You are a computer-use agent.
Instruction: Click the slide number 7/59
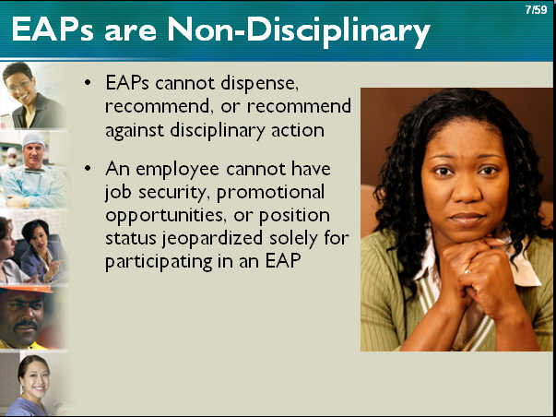(x=536, y=9)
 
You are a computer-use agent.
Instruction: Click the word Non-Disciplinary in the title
(x=299, y=30)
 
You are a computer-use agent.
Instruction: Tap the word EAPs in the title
(x=53, y=30)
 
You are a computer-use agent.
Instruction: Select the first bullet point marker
(x=88, y=83)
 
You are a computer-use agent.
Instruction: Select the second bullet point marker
(x=88, y=168)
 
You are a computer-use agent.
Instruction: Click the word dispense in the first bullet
(x=259, y=84)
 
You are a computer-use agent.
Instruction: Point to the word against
(x=136, y=131)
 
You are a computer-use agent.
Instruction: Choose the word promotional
(x=270, y=193)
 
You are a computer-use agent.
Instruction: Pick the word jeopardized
(x=213, y=239)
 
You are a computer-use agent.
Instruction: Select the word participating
(x=159, y=263)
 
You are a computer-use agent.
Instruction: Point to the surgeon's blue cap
(x=33, y=138)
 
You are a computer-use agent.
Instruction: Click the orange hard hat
(x=28, y=289)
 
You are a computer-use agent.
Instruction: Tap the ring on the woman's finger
(x=467, y=271)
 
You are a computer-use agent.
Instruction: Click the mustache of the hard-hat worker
(x=25, y=325)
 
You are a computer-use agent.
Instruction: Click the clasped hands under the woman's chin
(x=479, y=273)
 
